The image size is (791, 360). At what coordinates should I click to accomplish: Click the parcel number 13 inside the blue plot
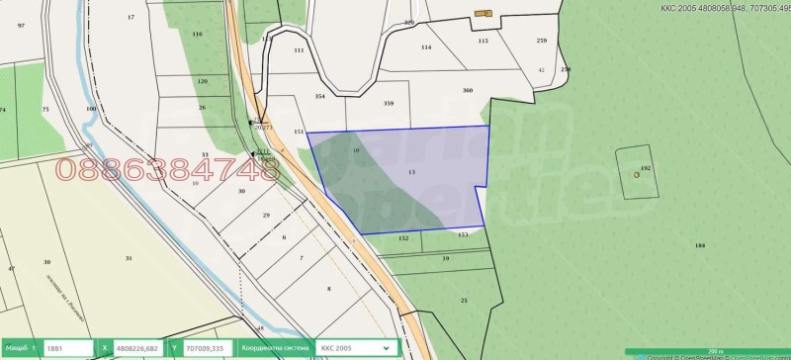point(410,172)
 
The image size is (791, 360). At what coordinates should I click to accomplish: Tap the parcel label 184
point(700,245)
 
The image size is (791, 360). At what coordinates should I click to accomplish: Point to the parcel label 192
point(646,169)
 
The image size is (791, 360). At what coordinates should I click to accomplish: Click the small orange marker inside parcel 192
point(637,175)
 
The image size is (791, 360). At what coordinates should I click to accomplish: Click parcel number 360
point(468,90)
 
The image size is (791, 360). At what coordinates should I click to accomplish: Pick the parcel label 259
point(541,41)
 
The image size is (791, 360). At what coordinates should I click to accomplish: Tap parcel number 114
point(426,46)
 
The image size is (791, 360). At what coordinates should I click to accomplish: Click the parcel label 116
point(197,34)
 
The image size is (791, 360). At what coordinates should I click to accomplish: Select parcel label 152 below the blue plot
point(403,238)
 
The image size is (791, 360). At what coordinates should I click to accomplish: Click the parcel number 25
point(464,300)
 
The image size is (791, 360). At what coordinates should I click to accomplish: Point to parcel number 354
point(319,97)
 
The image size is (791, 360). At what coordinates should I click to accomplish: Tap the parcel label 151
point(300,132)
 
